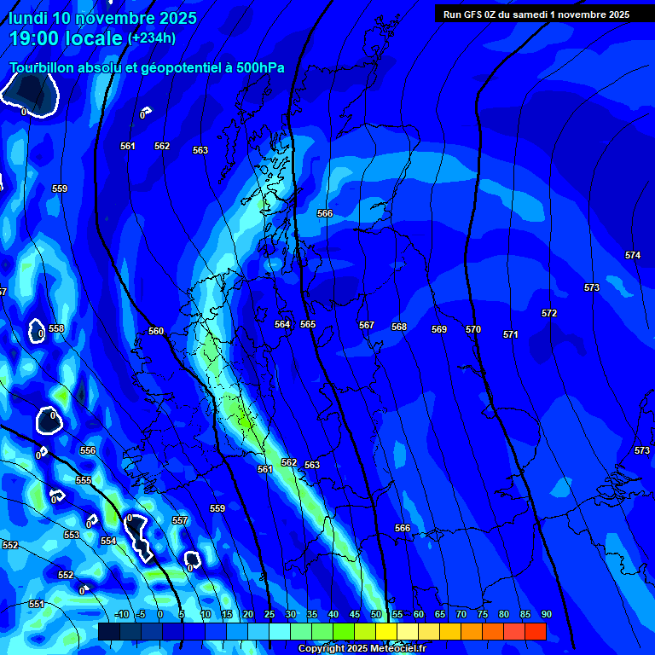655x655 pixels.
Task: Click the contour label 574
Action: [632, 255]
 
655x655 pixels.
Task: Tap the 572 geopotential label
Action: [549, 313]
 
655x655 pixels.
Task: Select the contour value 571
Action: [510, 334]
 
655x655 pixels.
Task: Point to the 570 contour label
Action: [473, 329]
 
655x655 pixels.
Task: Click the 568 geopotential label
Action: [399, 327]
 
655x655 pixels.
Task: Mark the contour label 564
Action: [282, 324]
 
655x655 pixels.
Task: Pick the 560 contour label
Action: [156, 331]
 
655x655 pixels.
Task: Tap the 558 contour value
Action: [56, 328]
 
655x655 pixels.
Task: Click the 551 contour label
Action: [36, 604]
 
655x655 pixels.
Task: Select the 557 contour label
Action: [179, 520]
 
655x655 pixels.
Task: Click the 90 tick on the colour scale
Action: [546, 614]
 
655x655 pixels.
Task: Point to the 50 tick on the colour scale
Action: [376, 614]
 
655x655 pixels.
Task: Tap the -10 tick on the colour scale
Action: [121, 614]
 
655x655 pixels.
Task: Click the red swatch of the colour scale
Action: [536, 631]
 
